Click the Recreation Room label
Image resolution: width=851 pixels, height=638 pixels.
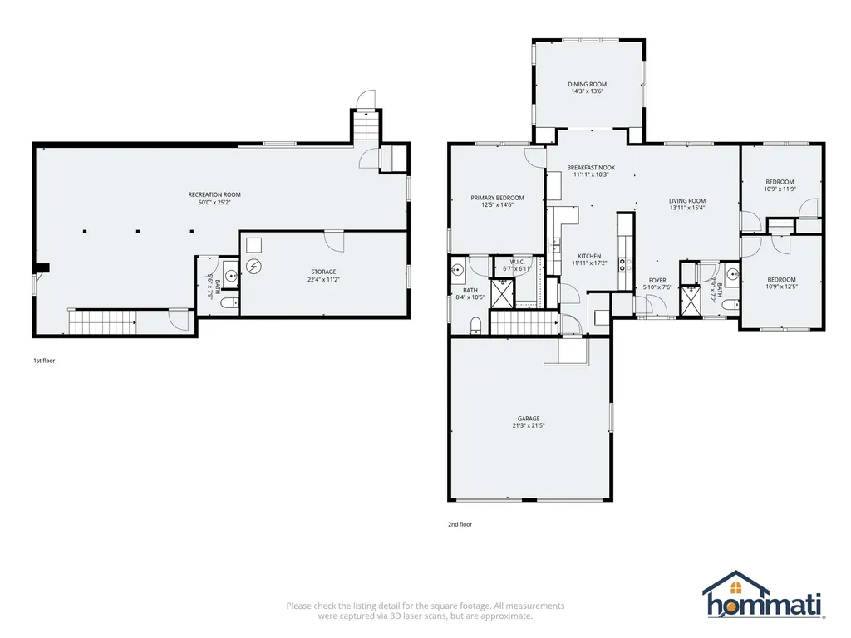pos(214,194)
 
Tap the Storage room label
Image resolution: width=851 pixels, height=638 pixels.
pos(323,272)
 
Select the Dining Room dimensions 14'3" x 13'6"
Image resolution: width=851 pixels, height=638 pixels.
pos(588,91)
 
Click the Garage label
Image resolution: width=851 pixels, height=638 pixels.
pos(529,419)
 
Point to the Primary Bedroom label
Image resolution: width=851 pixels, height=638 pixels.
pos(497,198)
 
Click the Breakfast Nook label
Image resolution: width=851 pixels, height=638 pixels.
pos(591,168)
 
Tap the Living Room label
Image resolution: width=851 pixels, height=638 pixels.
pos(687,201)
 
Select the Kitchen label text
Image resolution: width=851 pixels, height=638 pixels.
pos(589,256)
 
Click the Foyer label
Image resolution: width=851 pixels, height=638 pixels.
pos(657,281)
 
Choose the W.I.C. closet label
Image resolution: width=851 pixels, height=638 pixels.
pos(517,262)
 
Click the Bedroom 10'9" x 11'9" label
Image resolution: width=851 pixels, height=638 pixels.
pos(780,185)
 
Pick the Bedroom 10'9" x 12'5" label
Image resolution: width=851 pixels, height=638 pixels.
pos(781,283)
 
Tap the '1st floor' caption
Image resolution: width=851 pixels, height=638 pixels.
pos(44,361)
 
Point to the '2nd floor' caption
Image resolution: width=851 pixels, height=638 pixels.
pos(460,524)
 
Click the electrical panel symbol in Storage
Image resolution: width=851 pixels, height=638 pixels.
pos(253,267)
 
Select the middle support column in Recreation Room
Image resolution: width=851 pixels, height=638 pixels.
pos(138,232)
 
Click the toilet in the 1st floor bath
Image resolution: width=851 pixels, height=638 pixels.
pos(230,302)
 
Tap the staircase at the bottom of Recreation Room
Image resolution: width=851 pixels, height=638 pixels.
pos(102,321)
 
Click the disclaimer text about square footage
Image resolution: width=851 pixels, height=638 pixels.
pos(425,611)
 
